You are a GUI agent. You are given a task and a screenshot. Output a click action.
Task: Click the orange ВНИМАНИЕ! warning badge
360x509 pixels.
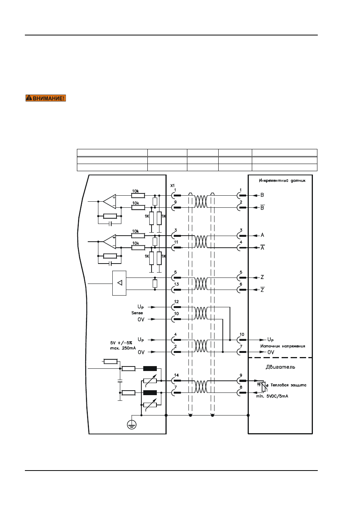point(46,98)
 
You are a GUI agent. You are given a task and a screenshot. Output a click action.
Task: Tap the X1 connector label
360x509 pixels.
point(173,186)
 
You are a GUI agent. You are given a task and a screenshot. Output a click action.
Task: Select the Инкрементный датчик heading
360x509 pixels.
point(282,181)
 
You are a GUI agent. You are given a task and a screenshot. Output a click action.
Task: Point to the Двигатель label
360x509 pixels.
point(280,367)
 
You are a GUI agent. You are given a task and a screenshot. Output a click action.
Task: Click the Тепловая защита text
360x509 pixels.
point(288,385)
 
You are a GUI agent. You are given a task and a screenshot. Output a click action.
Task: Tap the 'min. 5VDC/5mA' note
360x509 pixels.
point(272,396)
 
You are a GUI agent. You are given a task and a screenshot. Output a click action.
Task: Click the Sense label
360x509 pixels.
point(137,313)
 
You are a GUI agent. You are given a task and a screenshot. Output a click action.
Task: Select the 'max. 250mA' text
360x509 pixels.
point(123,348)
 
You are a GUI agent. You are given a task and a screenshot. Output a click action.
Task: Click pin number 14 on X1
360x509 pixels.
point(176,375)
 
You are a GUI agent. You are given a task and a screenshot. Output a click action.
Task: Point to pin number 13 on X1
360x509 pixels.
point(176,284)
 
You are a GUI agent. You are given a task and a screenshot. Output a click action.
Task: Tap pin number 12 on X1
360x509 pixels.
point(176,302)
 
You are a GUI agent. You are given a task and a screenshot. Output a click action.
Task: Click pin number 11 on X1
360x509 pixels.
point(176,242)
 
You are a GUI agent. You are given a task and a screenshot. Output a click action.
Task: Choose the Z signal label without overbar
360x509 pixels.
point(262,277)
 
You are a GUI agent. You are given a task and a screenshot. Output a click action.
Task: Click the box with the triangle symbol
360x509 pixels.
point(119,283)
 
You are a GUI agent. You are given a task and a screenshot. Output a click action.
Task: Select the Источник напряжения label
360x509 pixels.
point(283,346)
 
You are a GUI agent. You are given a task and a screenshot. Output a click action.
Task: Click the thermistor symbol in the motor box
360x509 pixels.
point(263,386)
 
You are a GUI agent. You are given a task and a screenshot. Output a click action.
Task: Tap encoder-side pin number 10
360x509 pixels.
point(242,334)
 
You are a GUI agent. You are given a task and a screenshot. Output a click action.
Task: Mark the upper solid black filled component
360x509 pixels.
point(150,368)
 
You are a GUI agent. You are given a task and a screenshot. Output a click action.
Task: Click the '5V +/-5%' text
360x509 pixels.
point(121,343)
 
